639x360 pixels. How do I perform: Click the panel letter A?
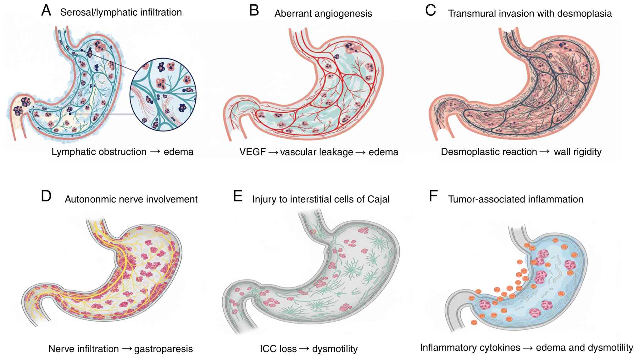[x=46, y=11]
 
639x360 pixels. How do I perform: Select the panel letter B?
[x=254, y=11]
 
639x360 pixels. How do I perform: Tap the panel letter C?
[x=430, y=11]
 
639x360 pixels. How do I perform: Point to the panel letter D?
[x=46, y=196]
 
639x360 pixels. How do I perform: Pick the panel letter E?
[x=238, y=196]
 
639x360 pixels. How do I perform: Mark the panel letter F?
[x=433, y=196]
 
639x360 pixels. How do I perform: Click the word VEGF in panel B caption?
[x=253, y=152]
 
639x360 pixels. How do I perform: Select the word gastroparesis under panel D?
[x=163, y=349]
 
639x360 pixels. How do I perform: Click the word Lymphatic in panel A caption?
[x=73, y=152]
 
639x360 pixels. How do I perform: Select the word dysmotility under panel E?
[x=335, y=349]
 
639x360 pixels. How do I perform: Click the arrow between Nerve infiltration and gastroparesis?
[x=127, y=348]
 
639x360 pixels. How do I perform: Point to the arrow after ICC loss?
[x=304, y=348]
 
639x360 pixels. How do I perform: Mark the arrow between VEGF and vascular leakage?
[x=273, y=152]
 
